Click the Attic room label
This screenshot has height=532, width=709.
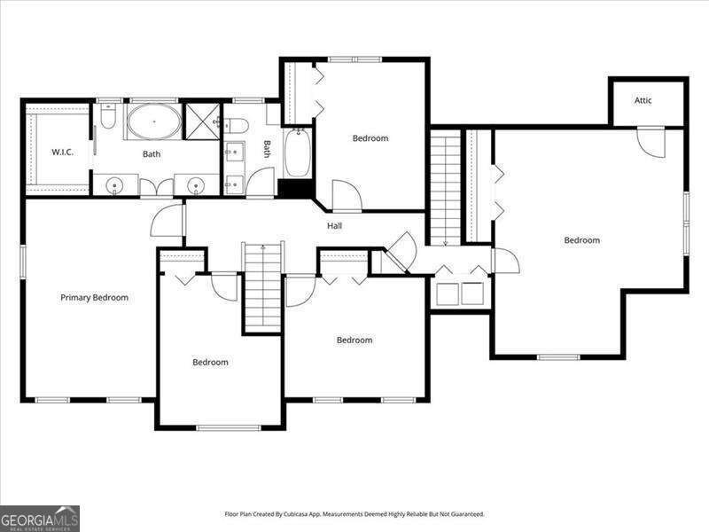tap(643, 100)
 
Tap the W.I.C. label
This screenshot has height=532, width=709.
tap(62, 153)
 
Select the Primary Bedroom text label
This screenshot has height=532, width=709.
tap(94, 298)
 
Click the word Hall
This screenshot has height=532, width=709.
tap(334, 226)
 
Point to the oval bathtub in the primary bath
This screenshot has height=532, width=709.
tap(153, 121)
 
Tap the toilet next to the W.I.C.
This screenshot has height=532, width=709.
tap(108, 118)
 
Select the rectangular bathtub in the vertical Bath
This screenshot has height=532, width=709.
tap(296, 153)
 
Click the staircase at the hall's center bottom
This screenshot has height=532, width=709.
tap(262, 286)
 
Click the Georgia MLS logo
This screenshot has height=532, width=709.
tap(40, 518)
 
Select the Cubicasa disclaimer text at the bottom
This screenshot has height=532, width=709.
tap(354, 514)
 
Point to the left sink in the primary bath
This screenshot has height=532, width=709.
tap(115, 185)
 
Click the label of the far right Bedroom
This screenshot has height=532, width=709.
tap(582, 240)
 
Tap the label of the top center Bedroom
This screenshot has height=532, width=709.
tap(370, 138)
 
